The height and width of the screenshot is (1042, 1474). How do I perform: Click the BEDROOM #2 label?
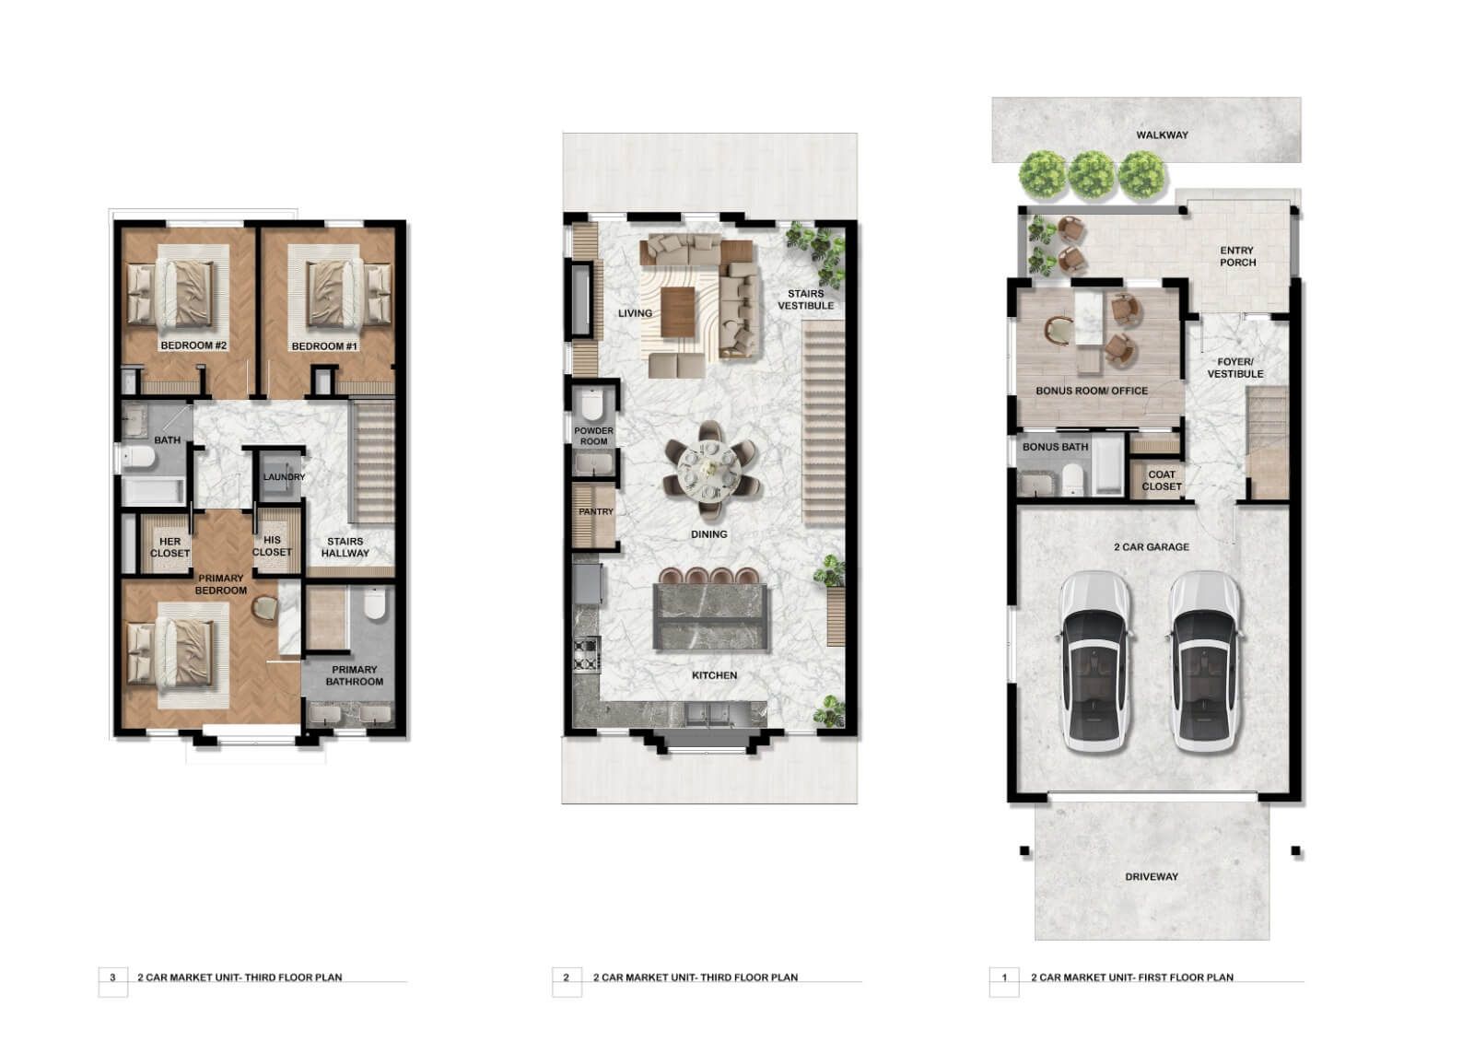coord(193,345)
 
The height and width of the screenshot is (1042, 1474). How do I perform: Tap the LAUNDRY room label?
coord(285,476)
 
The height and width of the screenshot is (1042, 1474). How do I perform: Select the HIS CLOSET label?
coord(272,545)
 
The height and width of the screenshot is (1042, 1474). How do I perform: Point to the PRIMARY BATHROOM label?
coord(354,675)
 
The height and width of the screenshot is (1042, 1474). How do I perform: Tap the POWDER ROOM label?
coord(593,436)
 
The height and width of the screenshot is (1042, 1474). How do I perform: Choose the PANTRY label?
coord(595,511)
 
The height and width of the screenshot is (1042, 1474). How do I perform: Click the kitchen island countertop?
coord(710,616)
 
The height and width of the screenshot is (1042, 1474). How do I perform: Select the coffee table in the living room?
coord(678,312)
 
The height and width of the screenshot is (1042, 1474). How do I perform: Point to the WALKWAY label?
coord(1162,135)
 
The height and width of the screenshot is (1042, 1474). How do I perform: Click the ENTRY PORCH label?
coord(1237,256)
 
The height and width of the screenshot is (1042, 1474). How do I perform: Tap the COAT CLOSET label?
coord(1162,481)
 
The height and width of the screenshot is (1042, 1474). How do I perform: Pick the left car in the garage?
coord(1094,661)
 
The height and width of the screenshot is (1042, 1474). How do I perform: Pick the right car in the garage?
coord(1205,661)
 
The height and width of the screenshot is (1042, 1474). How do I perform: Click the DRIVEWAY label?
coord(1152,877)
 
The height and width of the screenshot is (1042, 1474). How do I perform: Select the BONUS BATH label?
coord(1055,447)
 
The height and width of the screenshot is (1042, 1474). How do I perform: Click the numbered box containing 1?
coord(1004,978)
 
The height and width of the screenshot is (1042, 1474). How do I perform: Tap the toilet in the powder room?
coord(592,404)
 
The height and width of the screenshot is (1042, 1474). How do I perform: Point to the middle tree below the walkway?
coord(1091,175)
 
